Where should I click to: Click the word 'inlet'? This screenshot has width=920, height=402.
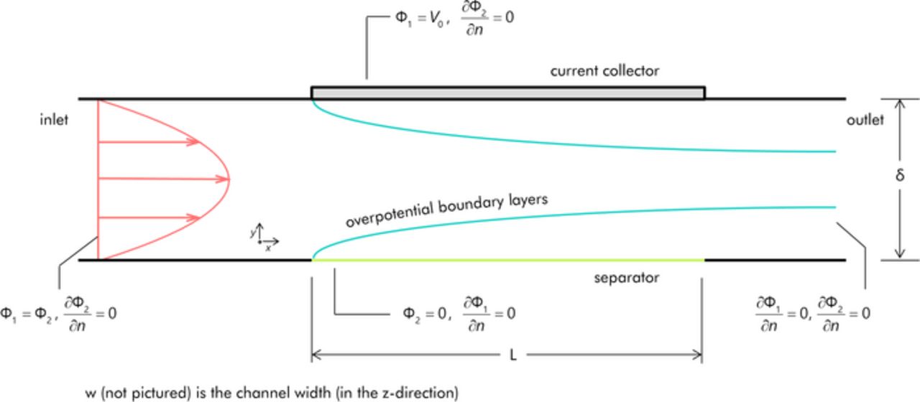pos(54,120)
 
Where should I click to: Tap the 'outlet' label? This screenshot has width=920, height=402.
pos(865,120)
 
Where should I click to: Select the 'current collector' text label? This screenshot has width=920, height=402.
pos(604,71)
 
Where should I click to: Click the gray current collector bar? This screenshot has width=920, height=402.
pos(507,93)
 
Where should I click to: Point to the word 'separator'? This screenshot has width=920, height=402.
pos(627,277)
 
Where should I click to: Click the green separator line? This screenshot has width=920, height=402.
pos(507,259)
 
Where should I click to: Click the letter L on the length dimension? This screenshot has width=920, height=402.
pos(512,355)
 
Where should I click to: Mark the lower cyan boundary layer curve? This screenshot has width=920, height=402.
pos(575,218)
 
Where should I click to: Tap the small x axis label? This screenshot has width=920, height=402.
pos(268,248)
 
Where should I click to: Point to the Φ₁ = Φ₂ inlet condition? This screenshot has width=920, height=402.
pos(29,314)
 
